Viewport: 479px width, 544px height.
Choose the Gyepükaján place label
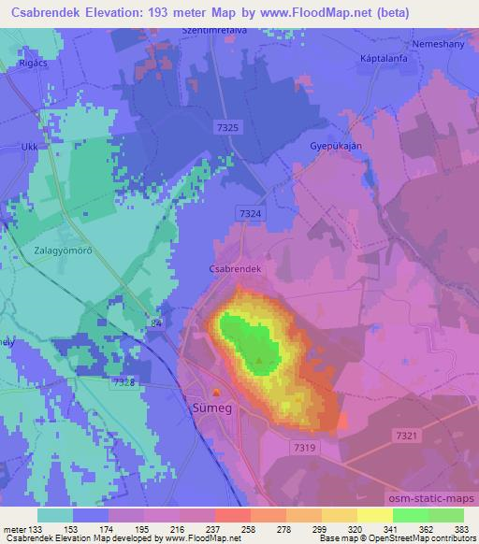coord(335,147)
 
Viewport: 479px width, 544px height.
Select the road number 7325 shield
coord(225,124)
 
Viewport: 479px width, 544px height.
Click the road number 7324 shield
coord(250,213)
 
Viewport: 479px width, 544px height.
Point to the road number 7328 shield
coord(123,382)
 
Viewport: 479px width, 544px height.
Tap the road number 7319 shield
coord(301,447)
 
